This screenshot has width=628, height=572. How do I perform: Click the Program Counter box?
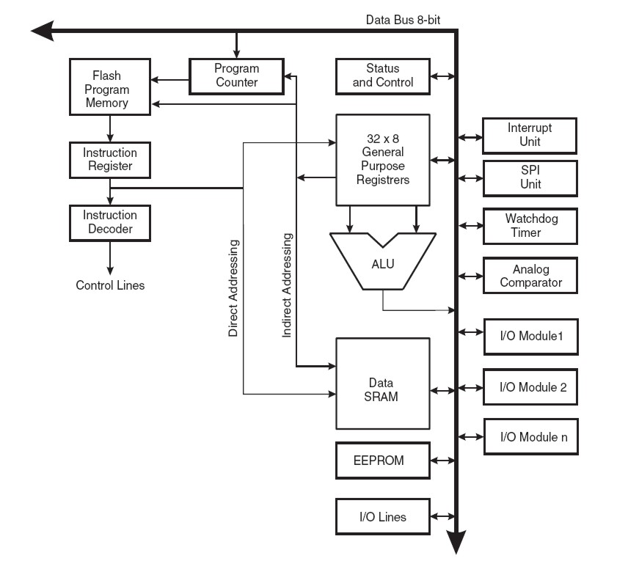pyautogui.click(x=236, y=76)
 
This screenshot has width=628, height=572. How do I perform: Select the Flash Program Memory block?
pyautogui.click(x=110, y=89)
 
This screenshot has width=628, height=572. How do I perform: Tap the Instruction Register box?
pyautogui.click(x=110, y=159)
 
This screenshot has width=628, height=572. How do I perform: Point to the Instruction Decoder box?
pyautogui.click(x=110, y=222)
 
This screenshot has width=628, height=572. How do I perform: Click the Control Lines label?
pyautogui.click(x=110, y=285)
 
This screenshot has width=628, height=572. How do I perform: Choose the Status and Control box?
pyautogui.click(x=382, y=76)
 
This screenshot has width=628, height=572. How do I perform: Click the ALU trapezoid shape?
pyautogui.click(x=383, y=263)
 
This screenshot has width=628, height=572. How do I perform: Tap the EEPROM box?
pyautogui.click(x=382, y=461)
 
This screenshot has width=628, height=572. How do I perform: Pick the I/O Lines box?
pyautogui.click(x=382, y=516)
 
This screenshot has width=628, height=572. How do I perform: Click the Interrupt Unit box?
pyautogui.click(x=530, y=135)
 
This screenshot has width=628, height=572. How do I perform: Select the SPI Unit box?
pyautogui.click(x=530, y=177)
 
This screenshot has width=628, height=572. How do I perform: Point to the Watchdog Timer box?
pyautogui.click(x=530, y=226)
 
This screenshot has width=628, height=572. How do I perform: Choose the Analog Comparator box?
pyautogui.click(x=530, y=276)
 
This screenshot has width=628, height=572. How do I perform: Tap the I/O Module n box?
pyautogui.click(x=530, y=437)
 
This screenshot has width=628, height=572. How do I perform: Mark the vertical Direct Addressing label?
pyautogui.click(x=233, y=287)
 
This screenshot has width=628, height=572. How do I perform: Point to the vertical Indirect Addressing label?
pyautogui.click(x=288, y=285)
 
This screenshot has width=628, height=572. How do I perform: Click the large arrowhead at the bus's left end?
pyautogui.click(x=43, y=31)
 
